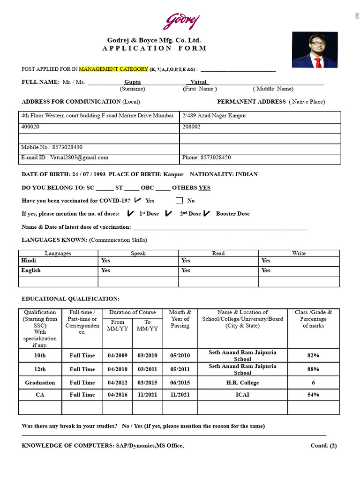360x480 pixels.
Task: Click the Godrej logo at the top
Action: coord(181,22)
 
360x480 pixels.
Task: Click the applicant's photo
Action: coord(315,50)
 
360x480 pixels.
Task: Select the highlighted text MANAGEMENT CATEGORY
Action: coord(113,69)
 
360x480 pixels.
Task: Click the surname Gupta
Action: coord(132,82)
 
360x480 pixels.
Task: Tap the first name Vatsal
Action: coord(199,82)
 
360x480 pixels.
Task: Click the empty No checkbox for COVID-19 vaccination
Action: coord(180,201)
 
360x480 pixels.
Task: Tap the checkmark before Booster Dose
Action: coord(207,214)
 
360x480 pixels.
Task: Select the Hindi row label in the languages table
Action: coord(29,261)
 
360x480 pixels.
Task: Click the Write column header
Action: coord(299,254)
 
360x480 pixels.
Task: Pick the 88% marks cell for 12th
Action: coord(313,369)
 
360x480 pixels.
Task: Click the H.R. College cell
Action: coord(242,383)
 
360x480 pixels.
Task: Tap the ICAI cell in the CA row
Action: coord(242,395)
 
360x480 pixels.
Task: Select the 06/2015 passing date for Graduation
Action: coord(180,383)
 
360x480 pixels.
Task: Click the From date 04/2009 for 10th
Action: coord(117,356)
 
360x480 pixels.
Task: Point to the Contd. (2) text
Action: coord(323,446)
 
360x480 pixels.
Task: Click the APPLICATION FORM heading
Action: coord(154,48)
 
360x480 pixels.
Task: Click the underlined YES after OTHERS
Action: coord(204,188)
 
